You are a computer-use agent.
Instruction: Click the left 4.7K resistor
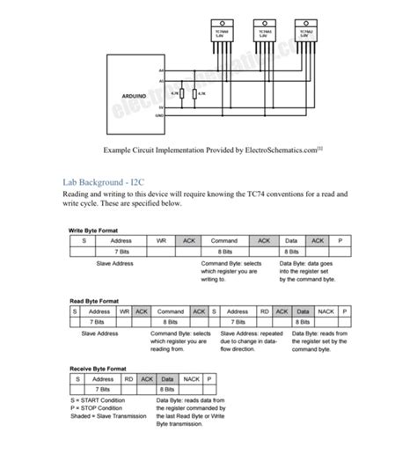[181, 92]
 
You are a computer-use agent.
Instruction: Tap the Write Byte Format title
[94, 230]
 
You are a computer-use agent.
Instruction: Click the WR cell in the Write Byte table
[161, 240]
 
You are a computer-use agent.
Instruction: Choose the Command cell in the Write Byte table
[224, 240]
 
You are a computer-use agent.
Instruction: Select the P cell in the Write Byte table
[339, 240]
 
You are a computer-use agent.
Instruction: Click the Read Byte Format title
[93, 301]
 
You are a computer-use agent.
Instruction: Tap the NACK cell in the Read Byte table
[325, 311]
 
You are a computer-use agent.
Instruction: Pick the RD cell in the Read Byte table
[264, 311]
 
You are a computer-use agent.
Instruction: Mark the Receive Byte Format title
[99, 369]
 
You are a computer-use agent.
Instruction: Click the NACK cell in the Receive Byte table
[190, 379]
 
